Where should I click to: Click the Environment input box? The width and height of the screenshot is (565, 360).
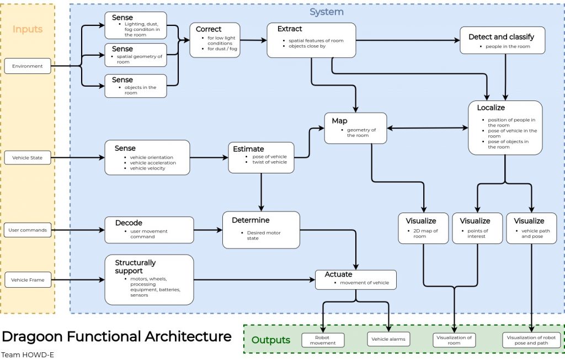coord(28,66)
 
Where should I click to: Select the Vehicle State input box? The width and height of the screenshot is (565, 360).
coord(28,158)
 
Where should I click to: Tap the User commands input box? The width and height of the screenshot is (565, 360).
coord(28,230)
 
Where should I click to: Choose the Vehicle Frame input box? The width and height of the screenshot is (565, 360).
coord(28,280)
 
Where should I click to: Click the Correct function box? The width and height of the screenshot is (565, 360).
coord(215,40)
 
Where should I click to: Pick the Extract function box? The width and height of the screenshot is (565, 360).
coord(312,40)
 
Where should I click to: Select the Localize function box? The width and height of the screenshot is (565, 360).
coord(505,128)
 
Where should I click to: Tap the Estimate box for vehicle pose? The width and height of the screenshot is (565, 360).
coord(261,157)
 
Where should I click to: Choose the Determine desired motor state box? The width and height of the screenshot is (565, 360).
coord(261,229)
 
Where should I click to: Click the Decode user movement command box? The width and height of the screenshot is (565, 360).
coord(149,230)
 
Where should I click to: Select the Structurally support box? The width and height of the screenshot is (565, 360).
coord(149,279)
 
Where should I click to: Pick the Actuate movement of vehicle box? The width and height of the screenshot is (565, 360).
coord(356,279)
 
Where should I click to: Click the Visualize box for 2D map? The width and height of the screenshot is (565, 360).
coord(423,228)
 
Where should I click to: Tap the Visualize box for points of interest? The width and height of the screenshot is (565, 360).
coord(477,228)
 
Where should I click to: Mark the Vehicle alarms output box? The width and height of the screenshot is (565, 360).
coord(388,340)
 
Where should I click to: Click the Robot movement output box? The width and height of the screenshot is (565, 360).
coord(322,340)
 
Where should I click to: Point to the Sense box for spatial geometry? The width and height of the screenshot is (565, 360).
coord(135,55)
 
